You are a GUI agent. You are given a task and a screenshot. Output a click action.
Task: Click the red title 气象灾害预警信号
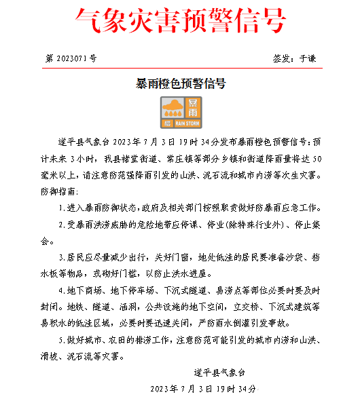[179, 22]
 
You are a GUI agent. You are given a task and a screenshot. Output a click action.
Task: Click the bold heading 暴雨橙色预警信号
[180, 84]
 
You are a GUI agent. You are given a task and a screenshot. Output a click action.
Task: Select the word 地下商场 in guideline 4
[84, 290]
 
